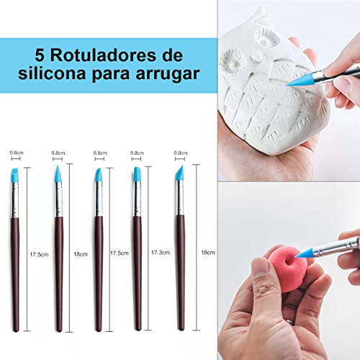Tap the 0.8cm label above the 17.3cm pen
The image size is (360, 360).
click(136, 153)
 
